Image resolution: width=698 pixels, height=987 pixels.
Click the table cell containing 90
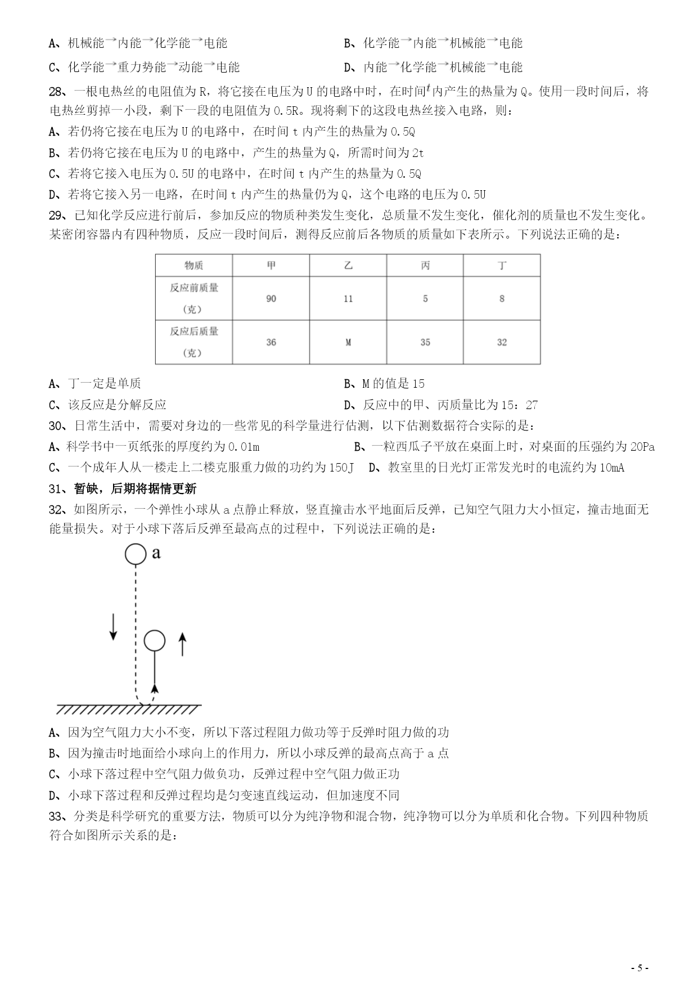click(x=271, y=298)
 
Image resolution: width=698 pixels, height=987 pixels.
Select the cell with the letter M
click(x=348, y=342)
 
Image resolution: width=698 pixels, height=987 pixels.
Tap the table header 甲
click(x=271, y=265)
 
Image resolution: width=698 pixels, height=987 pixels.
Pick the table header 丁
click(x=502, y=265)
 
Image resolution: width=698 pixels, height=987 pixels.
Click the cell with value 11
click(x=348, y=298)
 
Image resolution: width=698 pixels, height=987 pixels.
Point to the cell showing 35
click(x=425, y=342)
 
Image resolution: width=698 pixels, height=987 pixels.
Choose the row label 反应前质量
click(x=194, y=288)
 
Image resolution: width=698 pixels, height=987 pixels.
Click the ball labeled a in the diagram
click(x=135, y=554)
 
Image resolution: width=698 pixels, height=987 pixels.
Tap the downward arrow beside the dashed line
click(x=113, y=626)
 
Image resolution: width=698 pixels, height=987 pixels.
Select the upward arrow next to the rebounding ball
click(x=182, y=644)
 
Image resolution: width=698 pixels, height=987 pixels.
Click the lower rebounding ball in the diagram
click(x=154, y=640)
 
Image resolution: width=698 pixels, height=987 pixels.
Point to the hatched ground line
click(x=128, y=708)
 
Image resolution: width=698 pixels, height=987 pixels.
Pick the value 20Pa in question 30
click(x=642, y=447)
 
